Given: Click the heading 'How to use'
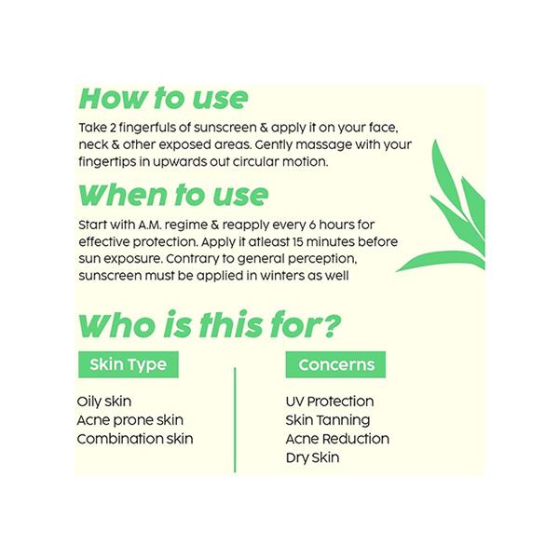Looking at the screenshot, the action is [163, 98].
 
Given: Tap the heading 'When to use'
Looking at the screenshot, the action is [173, 195].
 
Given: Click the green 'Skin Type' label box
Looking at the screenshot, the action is [129, 364].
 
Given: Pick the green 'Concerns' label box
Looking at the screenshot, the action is [335, 364].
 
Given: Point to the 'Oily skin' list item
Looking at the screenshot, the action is [104, 402].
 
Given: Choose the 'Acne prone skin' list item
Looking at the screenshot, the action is [130, 420].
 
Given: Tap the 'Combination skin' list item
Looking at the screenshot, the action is [135, 439].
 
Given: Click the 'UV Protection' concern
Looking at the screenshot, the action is [330, 402].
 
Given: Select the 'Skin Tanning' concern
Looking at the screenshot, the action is [328, 420].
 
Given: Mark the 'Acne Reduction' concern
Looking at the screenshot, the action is [337, 439].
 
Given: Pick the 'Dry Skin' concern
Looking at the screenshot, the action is [312, 457].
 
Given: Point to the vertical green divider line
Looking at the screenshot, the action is [235, 420].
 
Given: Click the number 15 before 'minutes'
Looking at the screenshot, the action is [297, 242].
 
